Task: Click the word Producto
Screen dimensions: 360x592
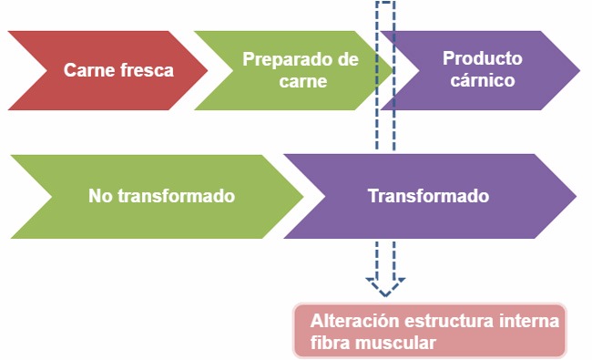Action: click(x=482, y=59)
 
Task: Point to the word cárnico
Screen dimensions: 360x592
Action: click(x=482, y=80)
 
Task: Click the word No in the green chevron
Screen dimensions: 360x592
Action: click(x=99, y=196)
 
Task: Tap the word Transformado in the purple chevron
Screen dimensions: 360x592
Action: click(x=428, y=196)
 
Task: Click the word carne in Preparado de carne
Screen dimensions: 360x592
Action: click(x=304, y=80)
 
